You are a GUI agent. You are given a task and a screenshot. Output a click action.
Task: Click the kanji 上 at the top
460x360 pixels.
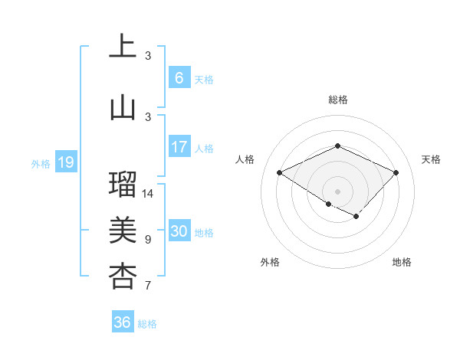point(123,47)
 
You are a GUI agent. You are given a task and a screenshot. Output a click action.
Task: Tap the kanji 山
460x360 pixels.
point(123,108)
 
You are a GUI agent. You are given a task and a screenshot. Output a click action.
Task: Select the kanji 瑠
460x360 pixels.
point(123,185)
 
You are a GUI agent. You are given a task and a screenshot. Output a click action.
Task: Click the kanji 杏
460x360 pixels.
point(123,277)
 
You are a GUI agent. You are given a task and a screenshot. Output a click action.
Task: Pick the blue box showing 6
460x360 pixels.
point(179,77)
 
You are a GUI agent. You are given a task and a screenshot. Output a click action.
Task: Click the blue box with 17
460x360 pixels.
point(179,146)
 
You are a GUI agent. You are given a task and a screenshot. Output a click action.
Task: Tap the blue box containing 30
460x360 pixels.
point(179,231)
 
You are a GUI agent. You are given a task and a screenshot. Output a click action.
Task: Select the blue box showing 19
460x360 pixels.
point(65,162)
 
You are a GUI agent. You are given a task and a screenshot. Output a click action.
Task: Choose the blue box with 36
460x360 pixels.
point(122,322)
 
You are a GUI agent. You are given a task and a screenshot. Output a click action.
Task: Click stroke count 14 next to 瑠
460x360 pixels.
point(149,194)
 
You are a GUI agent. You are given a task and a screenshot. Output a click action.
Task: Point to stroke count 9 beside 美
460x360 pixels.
point(148,240)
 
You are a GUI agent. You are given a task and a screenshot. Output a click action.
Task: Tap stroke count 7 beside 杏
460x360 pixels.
point(148,286)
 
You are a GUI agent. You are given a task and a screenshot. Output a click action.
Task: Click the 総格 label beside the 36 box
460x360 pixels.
point(147,324)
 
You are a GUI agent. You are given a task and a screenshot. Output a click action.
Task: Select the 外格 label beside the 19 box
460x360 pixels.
point(40,163)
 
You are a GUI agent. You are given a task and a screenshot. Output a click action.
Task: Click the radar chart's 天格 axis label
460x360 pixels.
point(431,159)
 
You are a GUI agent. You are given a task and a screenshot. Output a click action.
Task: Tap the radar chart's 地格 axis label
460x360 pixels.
point(402,262)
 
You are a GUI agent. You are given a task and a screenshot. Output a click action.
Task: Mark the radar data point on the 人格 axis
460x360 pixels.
point(280,172)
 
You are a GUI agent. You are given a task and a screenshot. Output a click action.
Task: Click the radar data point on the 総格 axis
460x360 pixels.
point(337,146)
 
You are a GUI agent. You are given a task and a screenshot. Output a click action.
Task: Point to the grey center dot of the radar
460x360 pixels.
point(337,190)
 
